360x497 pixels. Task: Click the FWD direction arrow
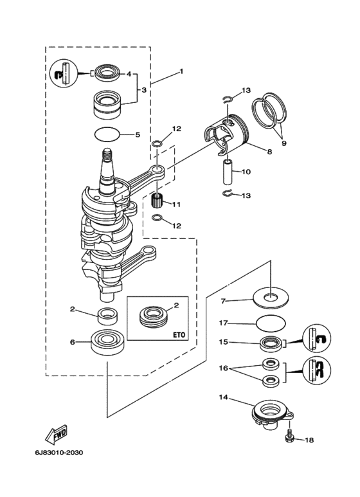[x=57, y=433]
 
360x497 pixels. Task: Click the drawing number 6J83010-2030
[x=59, y=453]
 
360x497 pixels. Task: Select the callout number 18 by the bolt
[x=309, y=440]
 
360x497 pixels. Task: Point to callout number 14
[x=224, y=397]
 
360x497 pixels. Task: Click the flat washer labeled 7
[x=271, y=298]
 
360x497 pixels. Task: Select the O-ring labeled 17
[x=270, y=324]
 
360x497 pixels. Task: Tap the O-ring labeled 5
[x=107, y=134]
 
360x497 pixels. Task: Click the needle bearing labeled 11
[x=157, y=201]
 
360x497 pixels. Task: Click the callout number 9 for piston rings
[x=284, y=143]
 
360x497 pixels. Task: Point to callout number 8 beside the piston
[x=270, y=152]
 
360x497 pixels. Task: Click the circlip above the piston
[x=228, y=100]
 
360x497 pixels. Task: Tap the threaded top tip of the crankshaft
[x=107, y=155]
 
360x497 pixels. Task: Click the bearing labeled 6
[x=107, y=342]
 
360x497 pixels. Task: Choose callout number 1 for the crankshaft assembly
[x=181, y=71]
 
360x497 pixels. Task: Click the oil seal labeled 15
[x=270, y=343]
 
